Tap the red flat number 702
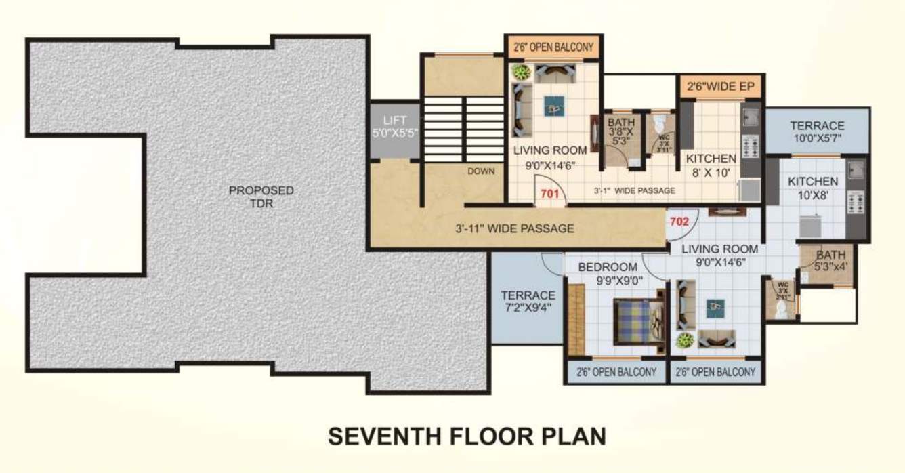[x=679, y=221]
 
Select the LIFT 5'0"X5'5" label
[x=396, y=127]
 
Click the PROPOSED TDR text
[x=261, y=197]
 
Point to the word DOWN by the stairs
[x=481, y=171]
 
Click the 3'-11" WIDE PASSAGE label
[x=515, y=228]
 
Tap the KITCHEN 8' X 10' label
[x=711, y=165]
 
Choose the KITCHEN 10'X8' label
[x=812, y=188]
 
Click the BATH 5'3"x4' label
[x=830, y=261]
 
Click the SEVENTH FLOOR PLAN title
[x=467, y=436]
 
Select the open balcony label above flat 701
[x=553, y=47]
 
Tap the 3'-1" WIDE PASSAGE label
[x=634, y=191]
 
